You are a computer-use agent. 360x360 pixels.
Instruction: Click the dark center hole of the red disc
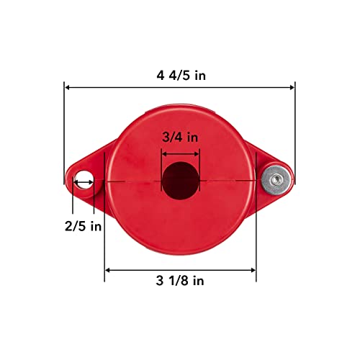(x=179, y=180)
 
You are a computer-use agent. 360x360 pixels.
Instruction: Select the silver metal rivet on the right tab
(x=276, y=177)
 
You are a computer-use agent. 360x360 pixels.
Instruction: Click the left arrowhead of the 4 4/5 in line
(x=68, y=86)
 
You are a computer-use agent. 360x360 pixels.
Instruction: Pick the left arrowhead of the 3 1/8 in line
(x=109, y=270)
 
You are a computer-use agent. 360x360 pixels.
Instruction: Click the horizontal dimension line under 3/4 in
(x=179, y=152)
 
